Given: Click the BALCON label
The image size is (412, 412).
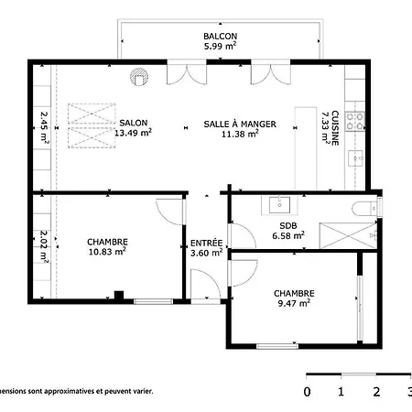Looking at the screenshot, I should [x=219, y=37].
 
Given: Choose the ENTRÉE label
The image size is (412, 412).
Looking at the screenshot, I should [x=206, y=243].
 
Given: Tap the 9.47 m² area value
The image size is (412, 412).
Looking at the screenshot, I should [x=292, y=302].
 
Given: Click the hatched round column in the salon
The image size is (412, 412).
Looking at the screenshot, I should [x=139, y=79].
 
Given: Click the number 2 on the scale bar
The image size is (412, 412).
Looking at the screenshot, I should [x=376, y=392].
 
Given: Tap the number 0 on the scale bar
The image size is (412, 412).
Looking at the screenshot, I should [x=307, y=392].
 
